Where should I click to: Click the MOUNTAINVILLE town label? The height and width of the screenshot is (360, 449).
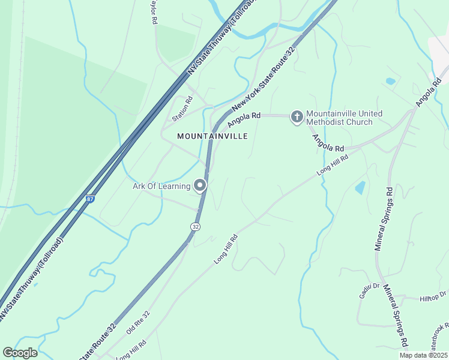point(212,136)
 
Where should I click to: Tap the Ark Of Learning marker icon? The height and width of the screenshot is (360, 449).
point(200,185)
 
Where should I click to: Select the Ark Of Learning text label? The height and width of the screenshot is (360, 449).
point(161,186)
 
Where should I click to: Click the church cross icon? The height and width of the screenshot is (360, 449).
point(297,116)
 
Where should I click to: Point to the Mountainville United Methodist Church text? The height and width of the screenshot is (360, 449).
point(340,118)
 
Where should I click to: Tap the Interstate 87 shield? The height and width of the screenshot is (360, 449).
point(90,199)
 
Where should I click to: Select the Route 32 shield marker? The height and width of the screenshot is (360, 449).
point(195,227)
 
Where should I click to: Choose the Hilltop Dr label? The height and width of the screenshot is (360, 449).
point(433,296)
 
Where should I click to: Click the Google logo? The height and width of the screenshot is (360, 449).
point(20,353)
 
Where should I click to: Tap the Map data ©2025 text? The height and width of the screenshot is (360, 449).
point(424,355)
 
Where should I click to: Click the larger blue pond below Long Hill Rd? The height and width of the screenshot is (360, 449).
point(360,188)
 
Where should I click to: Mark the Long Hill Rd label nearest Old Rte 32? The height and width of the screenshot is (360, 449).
point(130,349)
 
